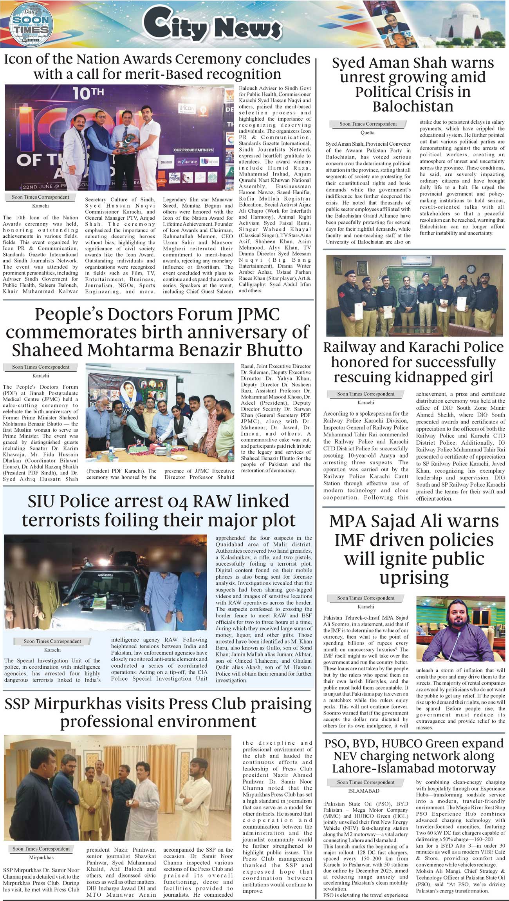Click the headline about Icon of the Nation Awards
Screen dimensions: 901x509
157,66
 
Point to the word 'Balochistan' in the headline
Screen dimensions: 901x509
413,107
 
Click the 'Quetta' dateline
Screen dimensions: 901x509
367,133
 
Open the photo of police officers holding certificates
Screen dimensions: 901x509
414,295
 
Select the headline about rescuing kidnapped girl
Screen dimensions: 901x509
413,362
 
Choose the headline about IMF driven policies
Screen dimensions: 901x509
414,549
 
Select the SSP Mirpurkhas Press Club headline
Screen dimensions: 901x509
158,713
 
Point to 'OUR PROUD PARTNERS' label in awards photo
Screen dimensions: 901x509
193,150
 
